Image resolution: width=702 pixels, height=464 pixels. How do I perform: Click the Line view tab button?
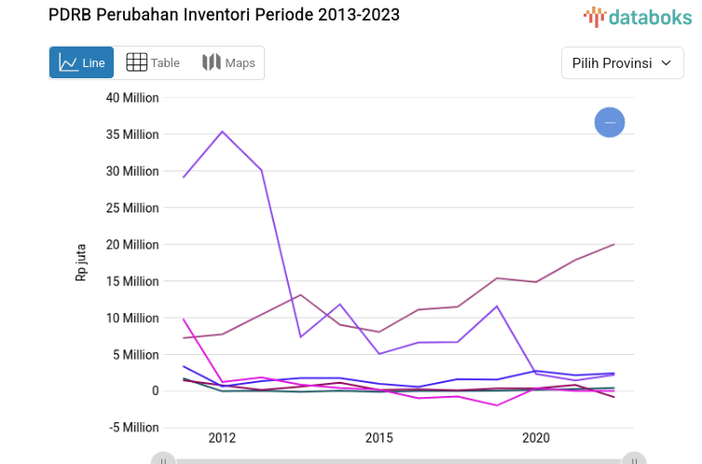pyautogui.click(x=82, y=62)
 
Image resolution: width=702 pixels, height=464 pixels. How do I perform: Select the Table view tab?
pyautogui.click(x=153, y=62)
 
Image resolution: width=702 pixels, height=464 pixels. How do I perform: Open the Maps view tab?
pyautogui.click(x=228, y=62)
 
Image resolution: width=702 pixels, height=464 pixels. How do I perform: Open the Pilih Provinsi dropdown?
pyautogui.click(x=622, y=62)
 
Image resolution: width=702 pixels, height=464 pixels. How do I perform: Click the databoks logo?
pyautogui.click(x=639, y=16)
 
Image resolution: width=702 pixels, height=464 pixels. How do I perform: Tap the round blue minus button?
pyautogui.click(x=610, y=122)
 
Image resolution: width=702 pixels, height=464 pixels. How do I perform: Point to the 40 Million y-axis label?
pyautogui.click(x=131, y=98)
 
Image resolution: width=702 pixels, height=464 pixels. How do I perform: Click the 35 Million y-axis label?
pyautogui.click(x=131, y=134)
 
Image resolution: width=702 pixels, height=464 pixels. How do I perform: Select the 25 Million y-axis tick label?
pyautogui.click(x=131, y=208)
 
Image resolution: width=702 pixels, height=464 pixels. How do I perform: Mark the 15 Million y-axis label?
pyautogui.click(x=131, y=281)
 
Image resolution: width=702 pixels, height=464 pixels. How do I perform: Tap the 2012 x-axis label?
pyautogui.click(x=222, y=438)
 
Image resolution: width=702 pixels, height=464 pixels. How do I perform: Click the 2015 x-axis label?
pyautogui.click(x=379, y=438)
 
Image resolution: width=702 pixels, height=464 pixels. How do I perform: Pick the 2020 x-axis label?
pyautogui.click(x=535, y=438)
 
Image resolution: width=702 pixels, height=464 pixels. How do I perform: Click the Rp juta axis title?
pyautogui.click(x=81, y=264)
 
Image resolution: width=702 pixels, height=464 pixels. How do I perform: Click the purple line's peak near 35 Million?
pyautogui.click(x=222, y=131)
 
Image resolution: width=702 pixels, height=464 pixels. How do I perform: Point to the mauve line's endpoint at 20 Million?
pyautogui.click(x=613, y=244)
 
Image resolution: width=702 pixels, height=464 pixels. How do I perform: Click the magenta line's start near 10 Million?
pyautogui.click(x=184, y=319)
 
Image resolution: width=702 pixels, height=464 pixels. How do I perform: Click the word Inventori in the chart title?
pyautogui.click(x=211, y=14)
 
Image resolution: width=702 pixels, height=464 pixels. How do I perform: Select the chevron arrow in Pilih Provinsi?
pyautogui.click(x=666, y=62)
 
